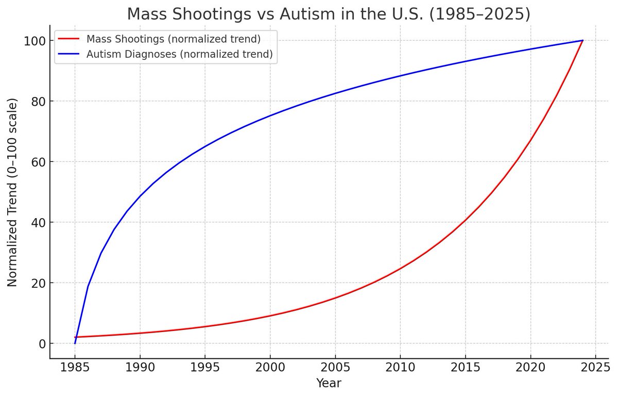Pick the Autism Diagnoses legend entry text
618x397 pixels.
pyautogui.click(x=180, y=54)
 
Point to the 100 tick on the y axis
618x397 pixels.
pyautogui.click(x=35, y=41)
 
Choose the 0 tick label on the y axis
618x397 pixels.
pyautogui.click(x=40, y=344)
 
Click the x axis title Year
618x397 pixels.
pyautogui.click(x=329, y=384)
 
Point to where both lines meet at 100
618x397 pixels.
pyautogui.click(x=582, y=40)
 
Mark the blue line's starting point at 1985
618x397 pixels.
pyautogui.click(x=75, y=343)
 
